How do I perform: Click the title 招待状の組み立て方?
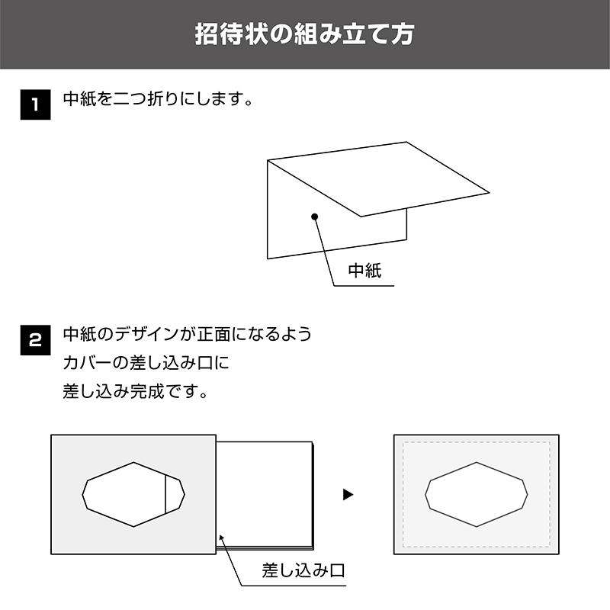tap(304, 34)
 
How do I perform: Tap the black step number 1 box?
tap(35, 104)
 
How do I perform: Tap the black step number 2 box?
tap(35, 340)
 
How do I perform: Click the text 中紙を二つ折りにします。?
tap(159, 99)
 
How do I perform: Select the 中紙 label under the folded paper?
tap(364, 271)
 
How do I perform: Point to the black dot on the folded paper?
tap(315, 217)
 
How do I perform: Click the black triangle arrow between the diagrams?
tap(348, 494)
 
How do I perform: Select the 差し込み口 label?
tap(303, 570)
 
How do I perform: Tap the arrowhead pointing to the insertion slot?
tap(222, 538)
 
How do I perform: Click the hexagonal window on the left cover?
tap(133, 494)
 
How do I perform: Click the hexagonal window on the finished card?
tap(476, 494)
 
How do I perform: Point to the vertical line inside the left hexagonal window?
tap(165, 494)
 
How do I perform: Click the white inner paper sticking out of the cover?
tap(265, 495)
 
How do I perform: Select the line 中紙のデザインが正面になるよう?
tap(188, 334)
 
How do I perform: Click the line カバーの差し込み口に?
tap(146, 363)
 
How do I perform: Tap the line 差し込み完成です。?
tap(136, 391)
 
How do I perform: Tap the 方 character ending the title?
tap(403, 34)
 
